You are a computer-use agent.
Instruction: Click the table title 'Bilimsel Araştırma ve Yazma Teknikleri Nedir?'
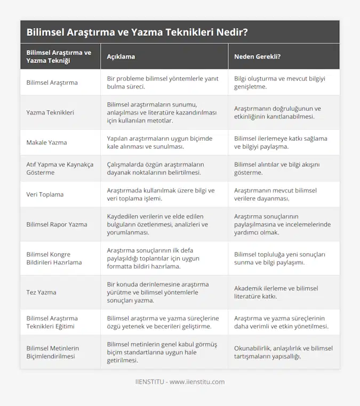coord(137,32)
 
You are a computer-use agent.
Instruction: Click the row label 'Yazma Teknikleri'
coord(50,112)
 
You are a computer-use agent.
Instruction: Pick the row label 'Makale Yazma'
coord(47,142)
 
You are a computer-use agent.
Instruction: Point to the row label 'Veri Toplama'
coord(45,194)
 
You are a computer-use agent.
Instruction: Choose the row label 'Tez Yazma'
coord(41,292)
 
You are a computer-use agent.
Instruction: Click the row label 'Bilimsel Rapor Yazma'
coord(57,224)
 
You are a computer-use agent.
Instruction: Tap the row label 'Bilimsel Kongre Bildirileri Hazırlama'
coord(54,258)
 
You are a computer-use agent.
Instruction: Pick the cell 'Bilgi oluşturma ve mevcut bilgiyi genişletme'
coord(279,82)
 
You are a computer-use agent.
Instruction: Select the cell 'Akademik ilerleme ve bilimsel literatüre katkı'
coord(276,292)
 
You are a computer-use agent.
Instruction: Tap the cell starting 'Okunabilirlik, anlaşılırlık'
coord(283,352)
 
